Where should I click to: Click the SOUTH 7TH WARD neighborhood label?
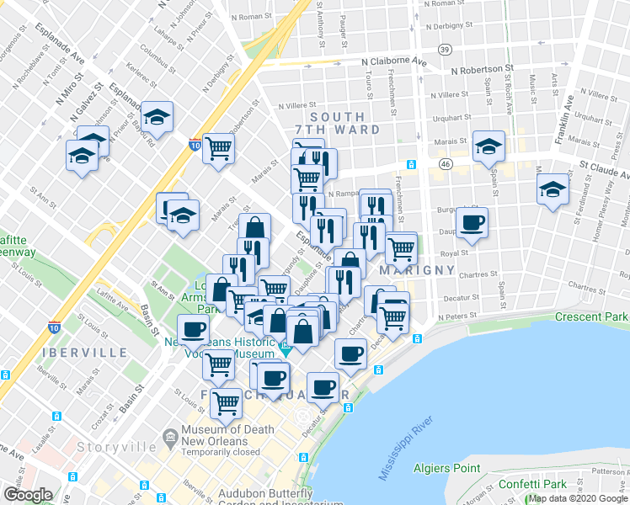[337, 124]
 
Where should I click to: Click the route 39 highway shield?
[444, 51]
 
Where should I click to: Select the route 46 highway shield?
[444, 162]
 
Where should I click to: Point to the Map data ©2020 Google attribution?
[579, 499]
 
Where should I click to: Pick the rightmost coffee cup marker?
[472, 224]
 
